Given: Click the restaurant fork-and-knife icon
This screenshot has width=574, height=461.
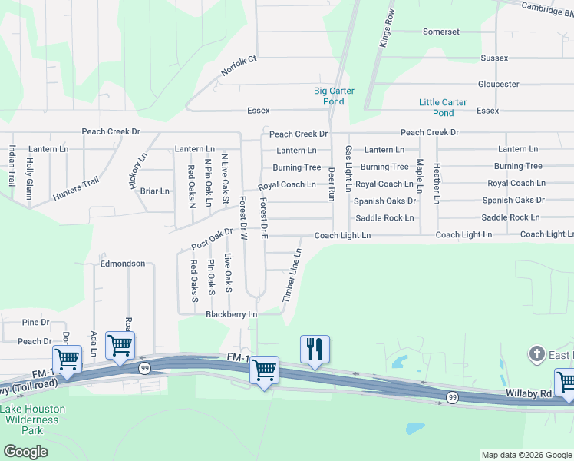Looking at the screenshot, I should (x=315, y=349).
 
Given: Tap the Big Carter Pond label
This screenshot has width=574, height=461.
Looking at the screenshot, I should (x=334, y=96).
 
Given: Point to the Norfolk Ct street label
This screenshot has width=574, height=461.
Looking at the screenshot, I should (x=239, y=65).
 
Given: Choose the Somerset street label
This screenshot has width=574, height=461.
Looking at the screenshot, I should (x=441, y=32).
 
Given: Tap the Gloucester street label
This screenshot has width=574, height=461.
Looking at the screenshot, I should (x=499, y=84).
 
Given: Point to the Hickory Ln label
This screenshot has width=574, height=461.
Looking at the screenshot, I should (x=138, y=171).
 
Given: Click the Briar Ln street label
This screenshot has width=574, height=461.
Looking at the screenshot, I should (x=154, y=191).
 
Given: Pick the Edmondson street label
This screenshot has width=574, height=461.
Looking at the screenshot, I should (x=123, y=264).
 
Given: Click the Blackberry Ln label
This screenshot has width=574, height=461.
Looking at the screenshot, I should (x=231, y=314).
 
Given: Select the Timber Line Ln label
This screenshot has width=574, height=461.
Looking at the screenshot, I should (x=292, y=274).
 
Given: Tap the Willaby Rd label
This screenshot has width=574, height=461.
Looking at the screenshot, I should (x=529, y=393).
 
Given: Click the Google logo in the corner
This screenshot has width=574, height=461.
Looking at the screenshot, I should (x=25, y=452).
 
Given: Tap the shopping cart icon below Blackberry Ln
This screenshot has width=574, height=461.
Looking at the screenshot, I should (x=265, y=370).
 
